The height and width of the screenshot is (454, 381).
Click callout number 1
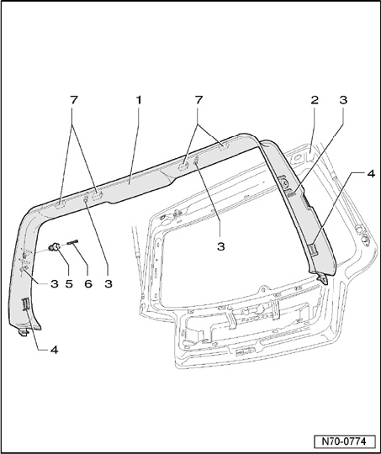pyautogui.click(x=139, y=100)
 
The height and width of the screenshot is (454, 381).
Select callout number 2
pyautogui.click(x=315, y=100)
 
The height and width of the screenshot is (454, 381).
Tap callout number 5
pyautogui.click(x=69, y=284)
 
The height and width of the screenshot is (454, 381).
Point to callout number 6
pyautogui.click(x=88, y=284)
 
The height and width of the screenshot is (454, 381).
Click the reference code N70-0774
pyautogui.click(x=344, y=441)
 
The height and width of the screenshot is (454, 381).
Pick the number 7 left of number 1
pyautogui.click(x=74, y=100)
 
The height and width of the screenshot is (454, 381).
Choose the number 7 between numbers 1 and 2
pyautogui.click(x=198, y=100)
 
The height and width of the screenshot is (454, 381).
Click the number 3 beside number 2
pyautogui.click(x=343, y=100)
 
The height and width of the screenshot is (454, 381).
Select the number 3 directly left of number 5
pyautogui.click(x=55, y=284)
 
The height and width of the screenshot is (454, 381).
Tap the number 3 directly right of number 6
pyautogui.click(x=108, y=284)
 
